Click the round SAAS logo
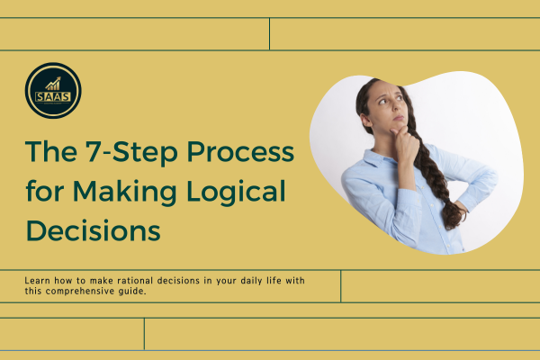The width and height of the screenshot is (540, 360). pyautogui.click(x=53, y=91)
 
